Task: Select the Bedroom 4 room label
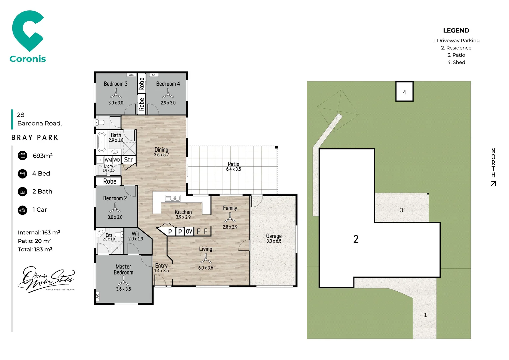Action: pyautogui.click(x=168, y=84)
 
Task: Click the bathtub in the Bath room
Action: pyautogui.click(x=102, y=142)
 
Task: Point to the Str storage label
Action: pyautogui.click(x=129, y=160)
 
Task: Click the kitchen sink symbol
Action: pyautogui.click(x=173, y=198)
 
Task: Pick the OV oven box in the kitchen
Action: pyautogui.click(x=189, y=231)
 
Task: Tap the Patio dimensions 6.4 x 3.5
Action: pyautogui.click(x=234, y=169)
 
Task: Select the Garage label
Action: pyautogui.click(x=274, y=236)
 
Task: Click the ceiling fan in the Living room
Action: pyautogui.click(x=206, y=259)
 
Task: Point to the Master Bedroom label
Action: pyautogui.click(x=123, y=269)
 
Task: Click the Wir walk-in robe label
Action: pyautogui.click(x=136, y=234)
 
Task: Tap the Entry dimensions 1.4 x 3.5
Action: pyautogui.click(x=161, y=271)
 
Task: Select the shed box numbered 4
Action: pyautogui.click(x=404, y=92)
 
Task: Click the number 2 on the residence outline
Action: pyautogui.click(x=356, y=239)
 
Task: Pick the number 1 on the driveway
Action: pyautogui.click(x=425, y=315)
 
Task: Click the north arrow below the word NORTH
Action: pyautogui.click(x=493, y=184)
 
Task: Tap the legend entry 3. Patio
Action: pyautogui.click(x=456, y=55)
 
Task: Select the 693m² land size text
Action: pyautogui.click(x=43, y=156)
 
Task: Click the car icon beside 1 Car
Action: pyautogui.click(x=22, y=210)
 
